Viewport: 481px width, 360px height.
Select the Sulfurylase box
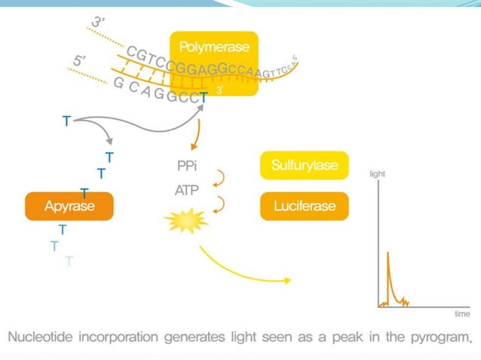(x=305, y=165)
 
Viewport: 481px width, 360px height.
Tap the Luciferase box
(x=305, y=206)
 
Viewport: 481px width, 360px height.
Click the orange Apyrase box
(x=69, y=206)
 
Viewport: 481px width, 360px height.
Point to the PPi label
(x=187, y=166)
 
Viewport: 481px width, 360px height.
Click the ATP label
(x=186, y=191)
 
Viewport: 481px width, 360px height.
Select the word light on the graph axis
(x=378, y=173)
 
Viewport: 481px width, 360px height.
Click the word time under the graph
(x=461, y=313)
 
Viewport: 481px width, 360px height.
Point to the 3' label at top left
(x=97, y=23)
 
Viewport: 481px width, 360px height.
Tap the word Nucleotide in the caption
(x=40, y=337)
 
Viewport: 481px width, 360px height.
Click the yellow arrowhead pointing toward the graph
(x=287, y=282)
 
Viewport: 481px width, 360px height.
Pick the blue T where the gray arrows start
(x=67, y=121)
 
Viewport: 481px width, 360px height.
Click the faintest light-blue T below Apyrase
(x=69, y=261)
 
